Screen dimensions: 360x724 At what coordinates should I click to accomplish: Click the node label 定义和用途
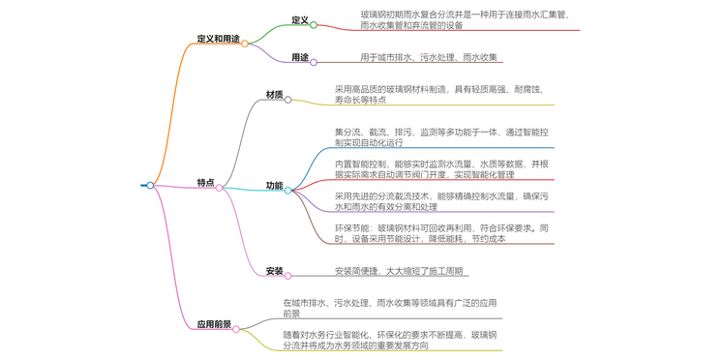pos(218,40)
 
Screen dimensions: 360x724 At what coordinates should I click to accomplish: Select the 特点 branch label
pos(205,183)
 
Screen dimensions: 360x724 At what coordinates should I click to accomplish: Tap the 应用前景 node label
pos(214,324)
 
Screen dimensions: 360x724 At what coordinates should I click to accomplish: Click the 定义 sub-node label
pos(300,20)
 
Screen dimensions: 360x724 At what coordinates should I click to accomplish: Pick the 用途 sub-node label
pos(300,58)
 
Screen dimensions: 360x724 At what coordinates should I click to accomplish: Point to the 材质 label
pos(275,95)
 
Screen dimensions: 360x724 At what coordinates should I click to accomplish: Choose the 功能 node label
pos(275,186)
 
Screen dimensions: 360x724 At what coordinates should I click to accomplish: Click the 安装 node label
pos(275,271)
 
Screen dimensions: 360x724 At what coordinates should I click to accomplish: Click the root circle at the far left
pos(150,185)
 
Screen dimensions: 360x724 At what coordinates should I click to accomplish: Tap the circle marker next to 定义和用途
pos(245,44)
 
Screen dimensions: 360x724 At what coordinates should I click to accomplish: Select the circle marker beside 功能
pos(288,190)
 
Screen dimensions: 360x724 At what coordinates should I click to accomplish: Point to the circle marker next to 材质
pos(288,100)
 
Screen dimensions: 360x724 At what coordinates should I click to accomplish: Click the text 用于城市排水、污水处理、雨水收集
pos(429,58)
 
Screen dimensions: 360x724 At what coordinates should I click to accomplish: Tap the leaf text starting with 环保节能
pos(442,233)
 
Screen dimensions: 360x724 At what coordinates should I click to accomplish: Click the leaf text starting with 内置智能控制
pos(442,169)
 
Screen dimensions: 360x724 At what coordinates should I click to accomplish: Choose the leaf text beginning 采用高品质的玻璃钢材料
pos(442,94)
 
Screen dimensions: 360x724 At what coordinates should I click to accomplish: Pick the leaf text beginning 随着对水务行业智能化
pos(390,340)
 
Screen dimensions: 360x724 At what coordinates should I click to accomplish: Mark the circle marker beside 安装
pos(288,276)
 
